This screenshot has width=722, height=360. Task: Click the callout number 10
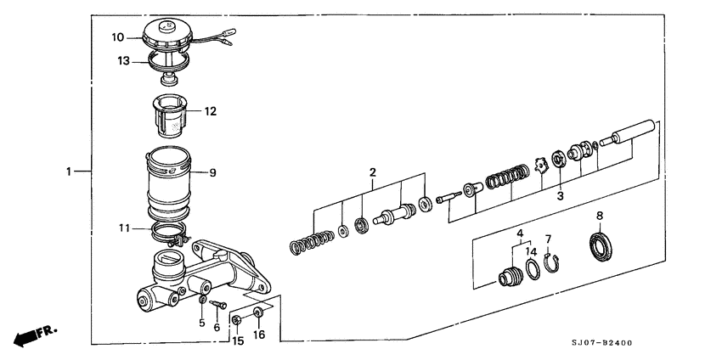click(x=118, y=37)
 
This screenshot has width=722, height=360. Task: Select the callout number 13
click(x=124, y=60)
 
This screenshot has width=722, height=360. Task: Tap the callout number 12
click(x=210, y=111)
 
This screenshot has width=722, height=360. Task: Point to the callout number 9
click(x=212, y=172)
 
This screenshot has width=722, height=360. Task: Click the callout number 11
click(x=124, y=228)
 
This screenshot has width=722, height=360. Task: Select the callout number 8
click(x=600, y=215)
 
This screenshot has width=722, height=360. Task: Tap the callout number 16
click(x=260, y=335)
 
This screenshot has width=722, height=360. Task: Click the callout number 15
click(x=237, y=340)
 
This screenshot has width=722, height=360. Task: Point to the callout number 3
click(x=560, y=195)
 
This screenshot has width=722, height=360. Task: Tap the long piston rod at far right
click(x=630, y=133)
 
